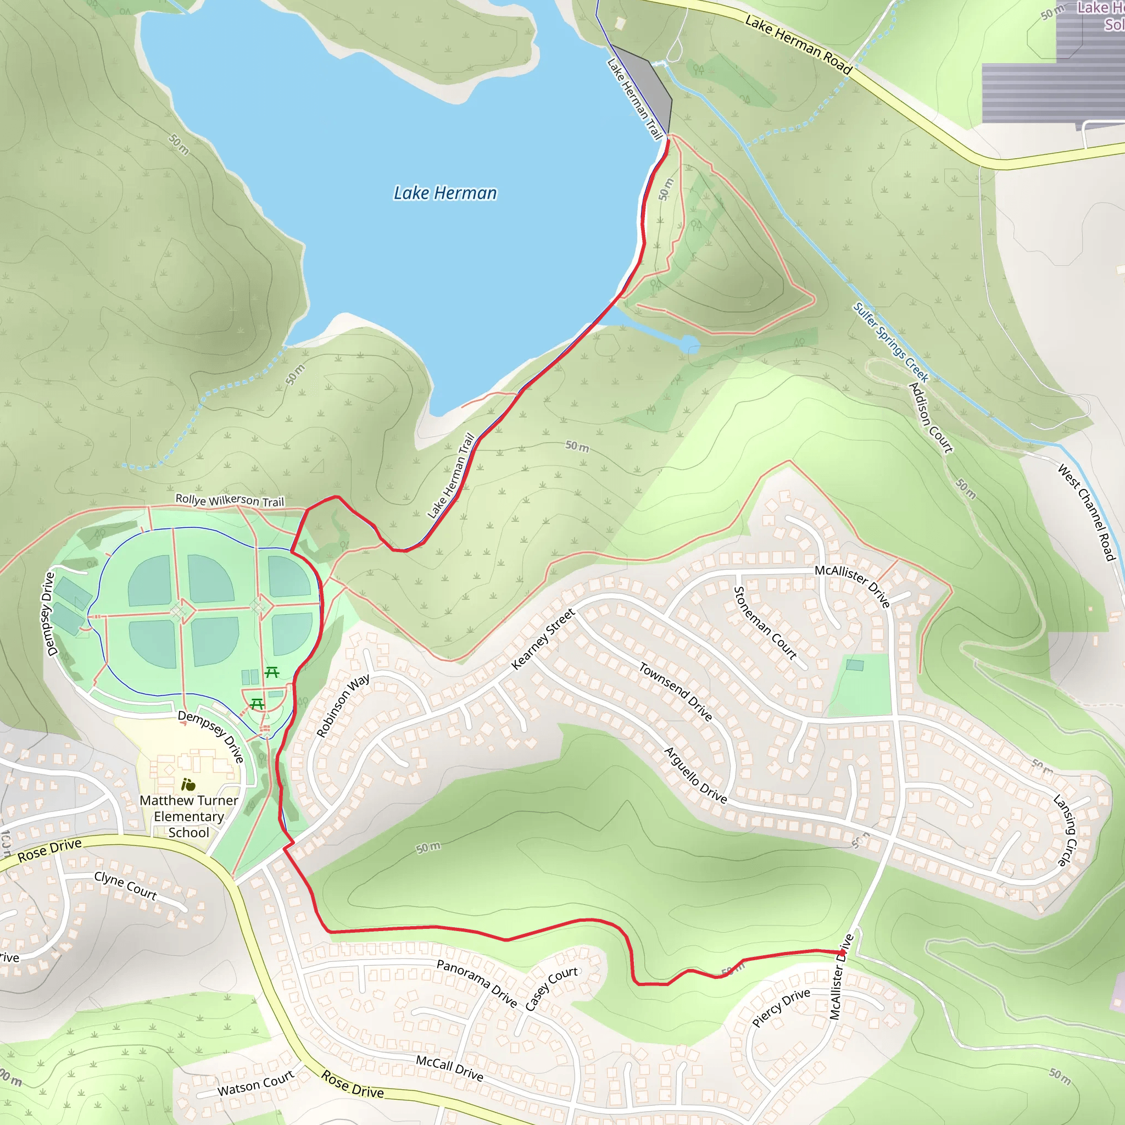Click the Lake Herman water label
(445, 193)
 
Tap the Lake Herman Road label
(798, 45)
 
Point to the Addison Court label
(931, 417)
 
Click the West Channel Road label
(1086, 512)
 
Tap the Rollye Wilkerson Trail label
(230, 500)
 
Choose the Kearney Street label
(543, 639)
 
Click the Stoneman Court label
(765, 622)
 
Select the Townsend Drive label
(676, 691)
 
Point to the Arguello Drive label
(695, 775)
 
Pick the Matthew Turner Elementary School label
(188, 816)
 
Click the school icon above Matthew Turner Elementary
(187, 784)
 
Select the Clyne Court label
(125, 885)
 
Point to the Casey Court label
(551, 988)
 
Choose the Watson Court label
(255, 1084)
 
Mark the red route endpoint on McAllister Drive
(842, 952)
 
